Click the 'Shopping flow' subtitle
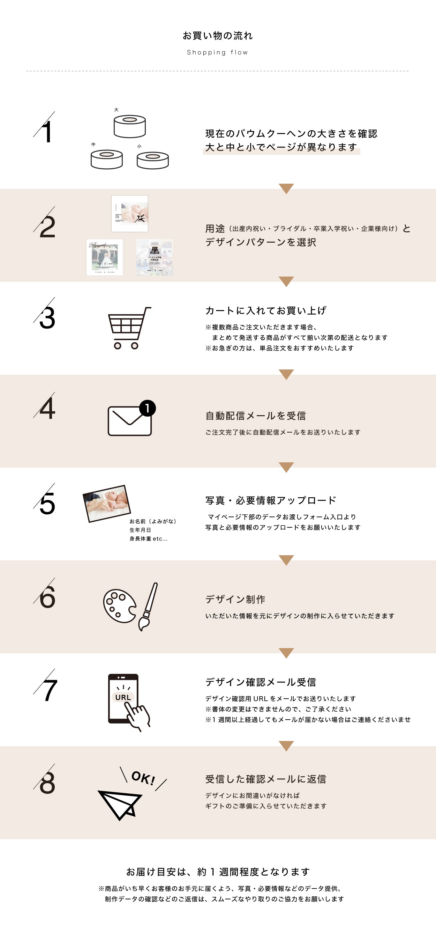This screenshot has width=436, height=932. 217,52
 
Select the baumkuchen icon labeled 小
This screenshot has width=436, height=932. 152,160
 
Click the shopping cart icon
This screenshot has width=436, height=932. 129,328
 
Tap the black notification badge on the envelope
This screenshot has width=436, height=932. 148,409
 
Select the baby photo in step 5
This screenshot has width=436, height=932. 107,503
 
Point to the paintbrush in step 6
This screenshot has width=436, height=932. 149,606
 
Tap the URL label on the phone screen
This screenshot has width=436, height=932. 123,697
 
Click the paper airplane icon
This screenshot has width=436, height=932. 119,803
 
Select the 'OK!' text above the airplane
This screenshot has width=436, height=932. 143,778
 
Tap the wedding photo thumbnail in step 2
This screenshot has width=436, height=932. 105,257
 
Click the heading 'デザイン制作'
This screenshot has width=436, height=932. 235,600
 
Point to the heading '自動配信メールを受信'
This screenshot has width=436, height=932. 256,416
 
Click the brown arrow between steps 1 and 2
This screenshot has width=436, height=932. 286,188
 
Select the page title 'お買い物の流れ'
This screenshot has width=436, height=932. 218,36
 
